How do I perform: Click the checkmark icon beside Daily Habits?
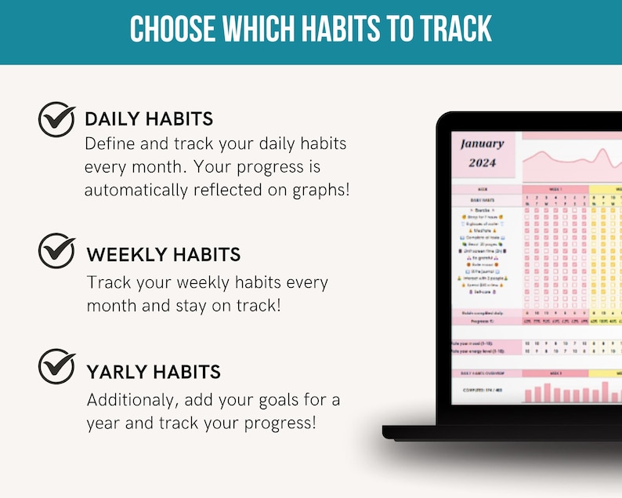click(x=56, y=119)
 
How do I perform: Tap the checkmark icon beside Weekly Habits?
click(x=56, y=252)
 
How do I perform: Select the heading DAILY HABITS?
click(x=149, y=119)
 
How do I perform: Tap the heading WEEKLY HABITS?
click(x=164, y=254)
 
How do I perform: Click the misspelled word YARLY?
click(x=118, y=372)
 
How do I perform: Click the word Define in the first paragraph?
click(x=110, y=144)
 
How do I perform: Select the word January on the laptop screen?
click(x=483, y=144)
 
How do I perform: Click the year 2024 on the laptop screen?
click(x=483, y=163)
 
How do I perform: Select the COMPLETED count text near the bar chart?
click(x=482, y=389)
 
